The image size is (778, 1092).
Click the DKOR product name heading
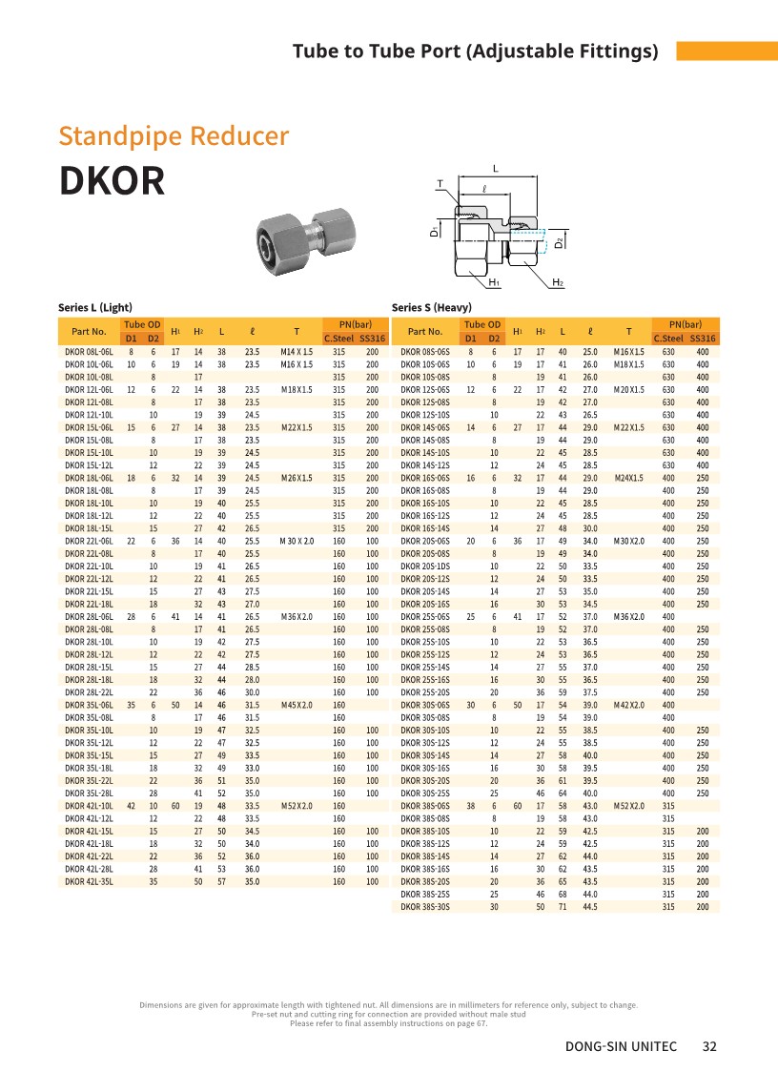click(112, 181)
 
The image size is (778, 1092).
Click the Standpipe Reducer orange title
click(174, 135)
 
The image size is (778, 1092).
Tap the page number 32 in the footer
click(708, 1046)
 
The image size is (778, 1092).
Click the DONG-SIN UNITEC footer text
click(621, 1046)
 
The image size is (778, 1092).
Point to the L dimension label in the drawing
click(496, 169)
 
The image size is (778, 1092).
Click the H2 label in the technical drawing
click(558, 283)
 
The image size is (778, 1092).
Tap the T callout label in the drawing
click(440, 183)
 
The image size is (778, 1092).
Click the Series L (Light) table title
click(94, 307)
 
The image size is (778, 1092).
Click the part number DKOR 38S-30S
click(424, 907)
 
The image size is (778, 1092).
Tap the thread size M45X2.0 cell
click(297, 705)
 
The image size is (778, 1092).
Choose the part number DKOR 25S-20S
click(424, 692)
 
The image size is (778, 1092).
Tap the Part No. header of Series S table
click(424, 331)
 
